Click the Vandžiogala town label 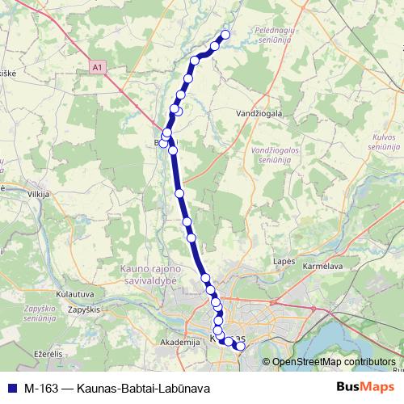click(260, 114)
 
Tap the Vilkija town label click(38, 195)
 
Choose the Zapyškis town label click(83, 309)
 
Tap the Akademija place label click(180, 343)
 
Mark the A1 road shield click(98, 69)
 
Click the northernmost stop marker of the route click(225, 34)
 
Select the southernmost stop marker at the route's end click(240, 347)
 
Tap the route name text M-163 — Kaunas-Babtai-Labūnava click(117, 388)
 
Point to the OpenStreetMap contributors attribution click(334, 362)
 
